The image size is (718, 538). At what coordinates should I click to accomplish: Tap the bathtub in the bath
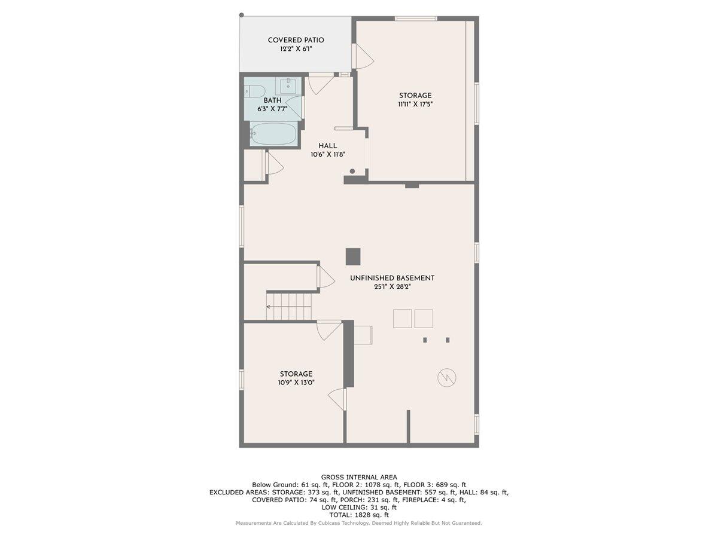click(x=273, y=134)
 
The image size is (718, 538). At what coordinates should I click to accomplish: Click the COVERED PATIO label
click(x=296, y=40)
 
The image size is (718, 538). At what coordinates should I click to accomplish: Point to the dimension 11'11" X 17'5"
click(x=415, y=104)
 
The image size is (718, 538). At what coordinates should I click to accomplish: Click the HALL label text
click(x=327, y=145)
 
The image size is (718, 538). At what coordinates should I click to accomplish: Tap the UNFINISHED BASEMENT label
click(x=392, y=278)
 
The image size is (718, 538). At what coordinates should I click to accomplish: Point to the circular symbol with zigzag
click(x=446, y=377)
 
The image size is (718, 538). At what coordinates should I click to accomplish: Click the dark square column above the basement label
click(x=352, y=256)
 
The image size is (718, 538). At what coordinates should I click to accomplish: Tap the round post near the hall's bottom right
click(x=352, y=172)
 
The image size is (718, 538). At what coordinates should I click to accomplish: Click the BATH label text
click(x=272, y=100)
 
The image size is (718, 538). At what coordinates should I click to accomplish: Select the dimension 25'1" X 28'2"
click(x=392, y=287)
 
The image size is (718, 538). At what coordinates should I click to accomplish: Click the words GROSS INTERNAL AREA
click(x=359, y=477)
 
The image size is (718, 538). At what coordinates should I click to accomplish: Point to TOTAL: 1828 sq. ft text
click(x=359, y=515)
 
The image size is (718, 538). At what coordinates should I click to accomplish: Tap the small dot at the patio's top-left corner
click(x=241, y=15)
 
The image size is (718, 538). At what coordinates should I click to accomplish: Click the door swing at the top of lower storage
click(x=328, y=330)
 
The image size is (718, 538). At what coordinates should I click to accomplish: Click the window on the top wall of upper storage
click(x=416, y=19)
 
